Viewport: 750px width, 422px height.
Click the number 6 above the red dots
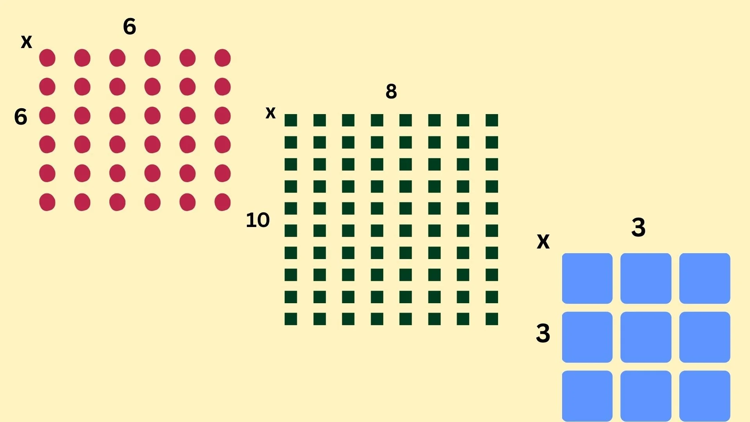129,27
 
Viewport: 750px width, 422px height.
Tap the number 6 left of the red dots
21,117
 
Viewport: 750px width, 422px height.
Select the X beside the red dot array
27,42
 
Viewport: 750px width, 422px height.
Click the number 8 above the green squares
391,92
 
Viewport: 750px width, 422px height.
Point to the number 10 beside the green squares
258,220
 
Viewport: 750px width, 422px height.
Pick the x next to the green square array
270,113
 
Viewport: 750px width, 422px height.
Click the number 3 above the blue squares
638,227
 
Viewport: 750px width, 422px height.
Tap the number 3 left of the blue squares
543,334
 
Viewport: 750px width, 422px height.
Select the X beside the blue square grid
543,242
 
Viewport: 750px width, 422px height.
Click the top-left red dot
47,58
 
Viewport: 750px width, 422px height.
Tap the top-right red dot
223,58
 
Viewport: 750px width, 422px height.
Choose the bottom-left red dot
47,202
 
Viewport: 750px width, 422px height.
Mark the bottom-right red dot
223,202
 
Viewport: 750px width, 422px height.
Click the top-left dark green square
291,120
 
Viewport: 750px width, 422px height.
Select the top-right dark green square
492,120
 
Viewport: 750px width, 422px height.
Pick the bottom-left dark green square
291,319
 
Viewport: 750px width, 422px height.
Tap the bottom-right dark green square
492,319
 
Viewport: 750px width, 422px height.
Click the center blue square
646,337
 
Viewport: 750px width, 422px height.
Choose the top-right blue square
705,278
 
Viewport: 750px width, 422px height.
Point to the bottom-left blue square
587,395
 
